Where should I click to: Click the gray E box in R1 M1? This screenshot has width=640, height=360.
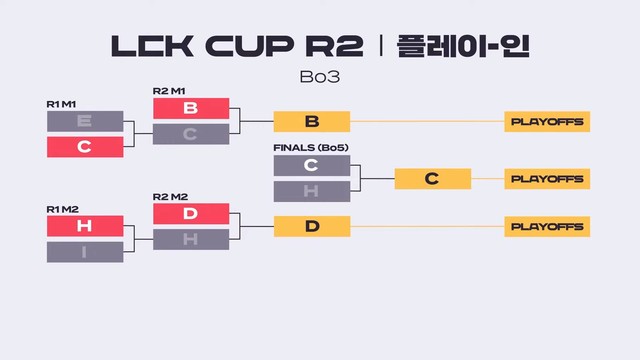click(x=85, y=122)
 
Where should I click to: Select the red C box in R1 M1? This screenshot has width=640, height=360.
click(x=85, y=147)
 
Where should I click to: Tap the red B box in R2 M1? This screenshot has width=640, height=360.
click(x=191, y=108)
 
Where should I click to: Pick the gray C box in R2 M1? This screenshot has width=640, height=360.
click(x=191, y=134)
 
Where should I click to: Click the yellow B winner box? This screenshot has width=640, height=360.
click(x=312, y=122)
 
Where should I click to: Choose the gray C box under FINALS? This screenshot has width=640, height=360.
click(x=312, y=165)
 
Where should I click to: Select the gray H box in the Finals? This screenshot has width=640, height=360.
click(x=312, y=191)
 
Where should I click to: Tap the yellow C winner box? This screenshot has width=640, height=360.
click(x=432, y=179)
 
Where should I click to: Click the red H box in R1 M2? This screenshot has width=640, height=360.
click(x=85, y=226)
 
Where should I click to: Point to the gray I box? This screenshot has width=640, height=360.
click(x=85, y=252)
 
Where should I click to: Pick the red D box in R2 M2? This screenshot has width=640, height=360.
click(x=191, y=213)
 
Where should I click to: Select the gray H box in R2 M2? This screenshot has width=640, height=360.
click(x=191, y=239)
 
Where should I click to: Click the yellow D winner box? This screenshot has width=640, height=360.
click(x=312, y=226)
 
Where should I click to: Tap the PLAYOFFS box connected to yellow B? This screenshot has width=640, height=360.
click(x=547, y=122)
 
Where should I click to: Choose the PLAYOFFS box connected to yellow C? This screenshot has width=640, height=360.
click(x=547, y=179)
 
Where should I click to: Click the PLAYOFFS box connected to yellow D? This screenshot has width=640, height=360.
click(x=547, y=226)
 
